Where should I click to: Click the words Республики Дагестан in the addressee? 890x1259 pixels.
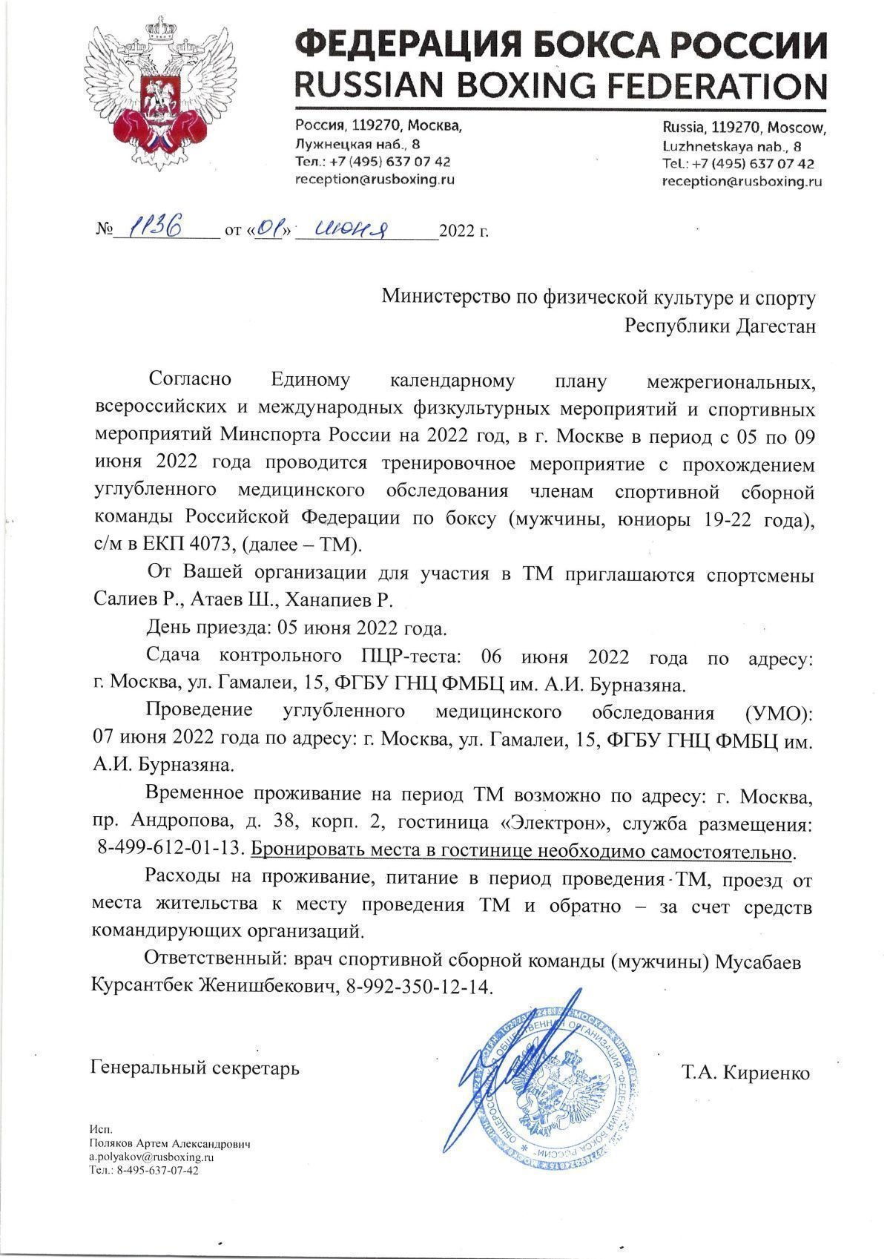pyautogui.click(x=720, y=326)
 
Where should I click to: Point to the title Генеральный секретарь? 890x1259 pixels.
pyautogui.click(x=195, y=1069)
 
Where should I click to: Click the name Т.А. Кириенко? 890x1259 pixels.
pyautogui.click(x=745, y=1073)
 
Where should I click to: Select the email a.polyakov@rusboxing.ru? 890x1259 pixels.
pyautogui.click(x=151, y=1157)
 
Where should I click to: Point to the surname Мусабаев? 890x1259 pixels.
pyautogui.click(x=757, y=962)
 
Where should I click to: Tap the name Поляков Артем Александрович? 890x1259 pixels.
pyautogui.click(x=170, y=1144)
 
